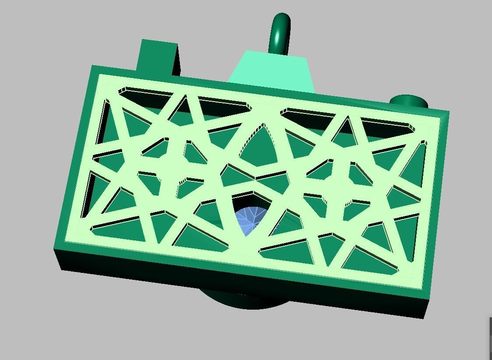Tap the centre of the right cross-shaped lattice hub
(x=337, y=189)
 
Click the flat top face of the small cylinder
(x=409, y=99)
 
